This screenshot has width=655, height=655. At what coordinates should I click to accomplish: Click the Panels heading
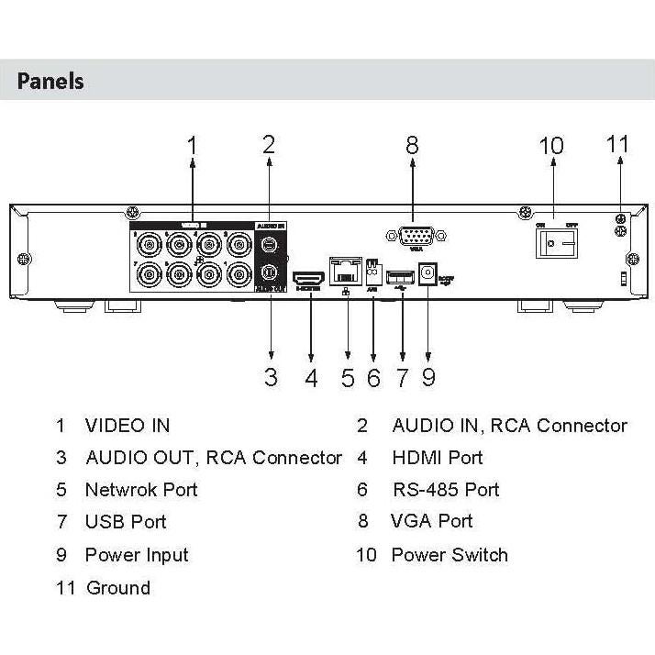pyautogui.click(x=51, y=81)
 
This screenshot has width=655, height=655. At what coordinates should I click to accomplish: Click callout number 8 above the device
pyautogui.click(x=412, y=144)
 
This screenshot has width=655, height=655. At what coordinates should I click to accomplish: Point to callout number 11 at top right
pyautogui.click(x=618, y=144)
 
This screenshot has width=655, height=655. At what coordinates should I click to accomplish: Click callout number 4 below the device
pyautogui.click(x=312, y=377)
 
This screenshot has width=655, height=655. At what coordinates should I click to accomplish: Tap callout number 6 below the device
pyautogui.click(x=373, y=377)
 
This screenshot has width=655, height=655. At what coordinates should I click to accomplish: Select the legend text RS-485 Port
pyautogui.click(x=445, y=489)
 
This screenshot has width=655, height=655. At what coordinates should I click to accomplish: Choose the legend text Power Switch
pyautogui.click(x=449, y=555)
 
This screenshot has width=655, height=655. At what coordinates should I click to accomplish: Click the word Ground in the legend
pyautogui.click(x=117, y=587)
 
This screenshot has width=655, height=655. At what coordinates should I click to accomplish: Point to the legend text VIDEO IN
pyautogui.click(x=127, y=426)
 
